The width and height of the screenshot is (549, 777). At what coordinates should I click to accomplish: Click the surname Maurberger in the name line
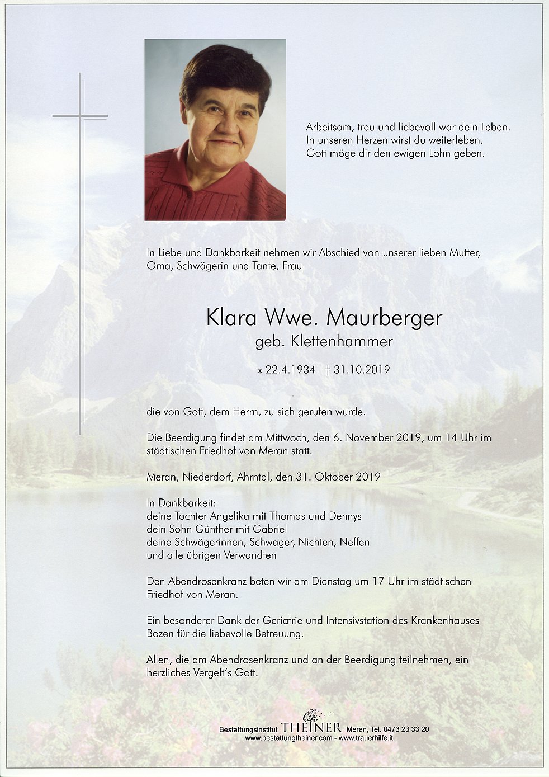(x=384, y=318)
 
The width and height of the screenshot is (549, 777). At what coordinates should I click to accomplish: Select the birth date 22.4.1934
(x=290, y=370)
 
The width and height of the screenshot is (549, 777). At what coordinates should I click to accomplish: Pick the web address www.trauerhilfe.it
(x=370, y=738)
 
